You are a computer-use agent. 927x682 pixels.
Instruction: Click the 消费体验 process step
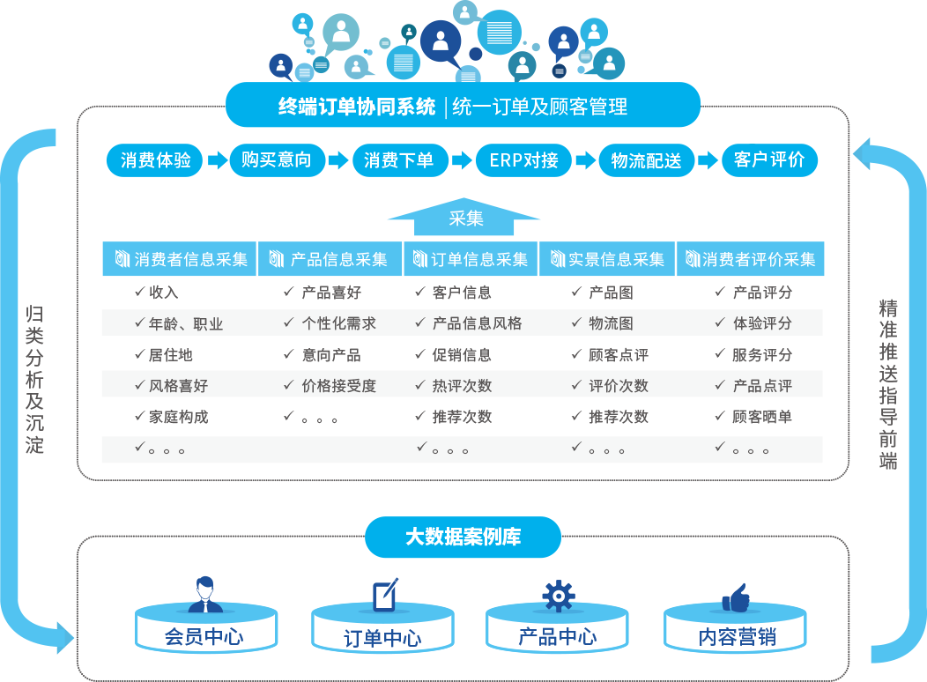click(156, 160)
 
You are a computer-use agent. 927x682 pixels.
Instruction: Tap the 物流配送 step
click(646, 160)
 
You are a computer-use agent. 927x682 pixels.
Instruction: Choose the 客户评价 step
click(769, 160)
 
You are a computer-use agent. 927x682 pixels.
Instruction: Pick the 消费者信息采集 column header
click(180, 259)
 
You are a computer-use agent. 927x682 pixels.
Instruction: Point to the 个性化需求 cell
click(338, 323)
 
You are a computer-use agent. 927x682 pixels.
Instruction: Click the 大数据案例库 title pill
click(463, 537)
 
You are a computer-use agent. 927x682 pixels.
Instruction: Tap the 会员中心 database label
click(204, 637)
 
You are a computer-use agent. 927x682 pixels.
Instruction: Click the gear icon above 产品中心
click(558, 595)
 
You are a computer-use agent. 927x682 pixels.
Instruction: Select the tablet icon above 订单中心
click(384, 596)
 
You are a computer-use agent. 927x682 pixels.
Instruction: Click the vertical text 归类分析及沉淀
click(34, 379)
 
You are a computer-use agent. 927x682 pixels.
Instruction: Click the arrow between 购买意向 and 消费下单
click(337, 160)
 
